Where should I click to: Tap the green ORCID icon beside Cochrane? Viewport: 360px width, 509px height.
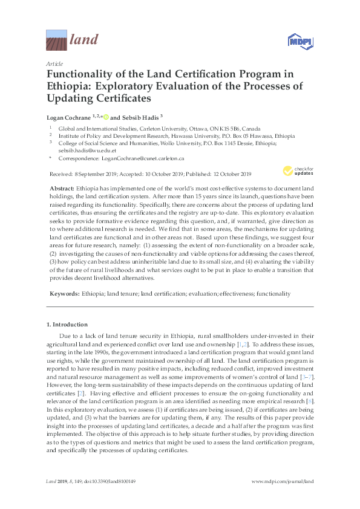click(x=105, y=116)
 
